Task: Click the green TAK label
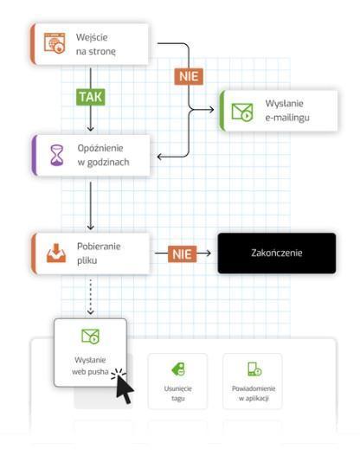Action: [x=91, y=97]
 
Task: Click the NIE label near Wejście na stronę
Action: [x=189, y=77]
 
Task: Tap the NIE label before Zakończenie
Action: [x=183, y=254]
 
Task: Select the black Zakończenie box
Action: [x=277, y=253]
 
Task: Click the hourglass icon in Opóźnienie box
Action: [x=57, y=155]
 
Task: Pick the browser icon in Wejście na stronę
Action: [x=55, y=43]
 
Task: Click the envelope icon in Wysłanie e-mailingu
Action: [x=242, y=112]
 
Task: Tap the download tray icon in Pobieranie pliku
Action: [x=56, y=253]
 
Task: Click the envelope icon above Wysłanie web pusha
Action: [x=91, y=337]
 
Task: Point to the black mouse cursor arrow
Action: [x=125, y=389]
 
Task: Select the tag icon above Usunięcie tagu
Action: [x=178, y=369]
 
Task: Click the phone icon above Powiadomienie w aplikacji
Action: [x=254, y=369]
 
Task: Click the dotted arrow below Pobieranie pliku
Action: [x=91, y=297]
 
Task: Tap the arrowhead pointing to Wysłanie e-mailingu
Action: [x=211, y=110]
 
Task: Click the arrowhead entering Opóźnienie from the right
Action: [x=160, y=157]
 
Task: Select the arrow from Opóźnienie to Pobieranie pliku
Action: [x=91, y=206]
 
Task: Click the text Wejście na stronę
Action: [x=96, y=44]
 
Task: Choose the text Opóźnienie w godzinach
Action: [x=103, y=155]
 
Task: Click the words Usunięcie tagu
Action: [x=178, y=394]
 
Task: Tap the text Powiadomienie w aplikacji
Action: [x=254, y=394]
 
